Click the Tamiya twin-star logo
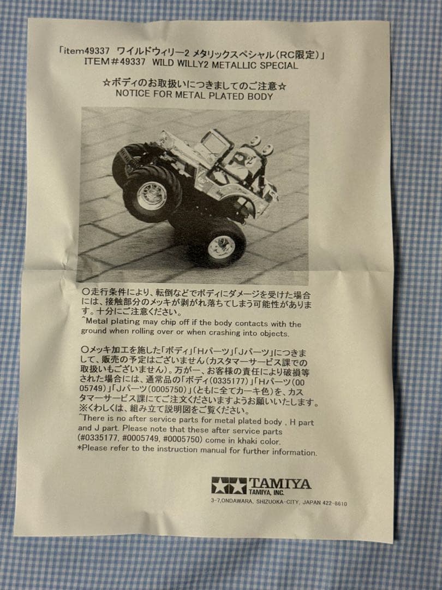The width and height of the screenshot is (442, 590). [x=229, y=486]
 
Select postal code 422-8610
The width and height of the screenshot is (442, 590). [x=335, y=503]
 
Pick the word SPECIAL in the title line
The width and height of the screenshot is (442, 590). [x=279, y=66]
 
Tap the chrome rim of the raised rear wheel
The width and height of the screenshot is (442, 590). [x=152, y=196]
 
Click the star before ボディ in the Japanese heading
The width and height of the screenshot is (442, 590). [x=106, y=82]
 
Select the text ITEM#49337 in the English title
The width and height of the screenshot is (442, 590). [x=115, y=61]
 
